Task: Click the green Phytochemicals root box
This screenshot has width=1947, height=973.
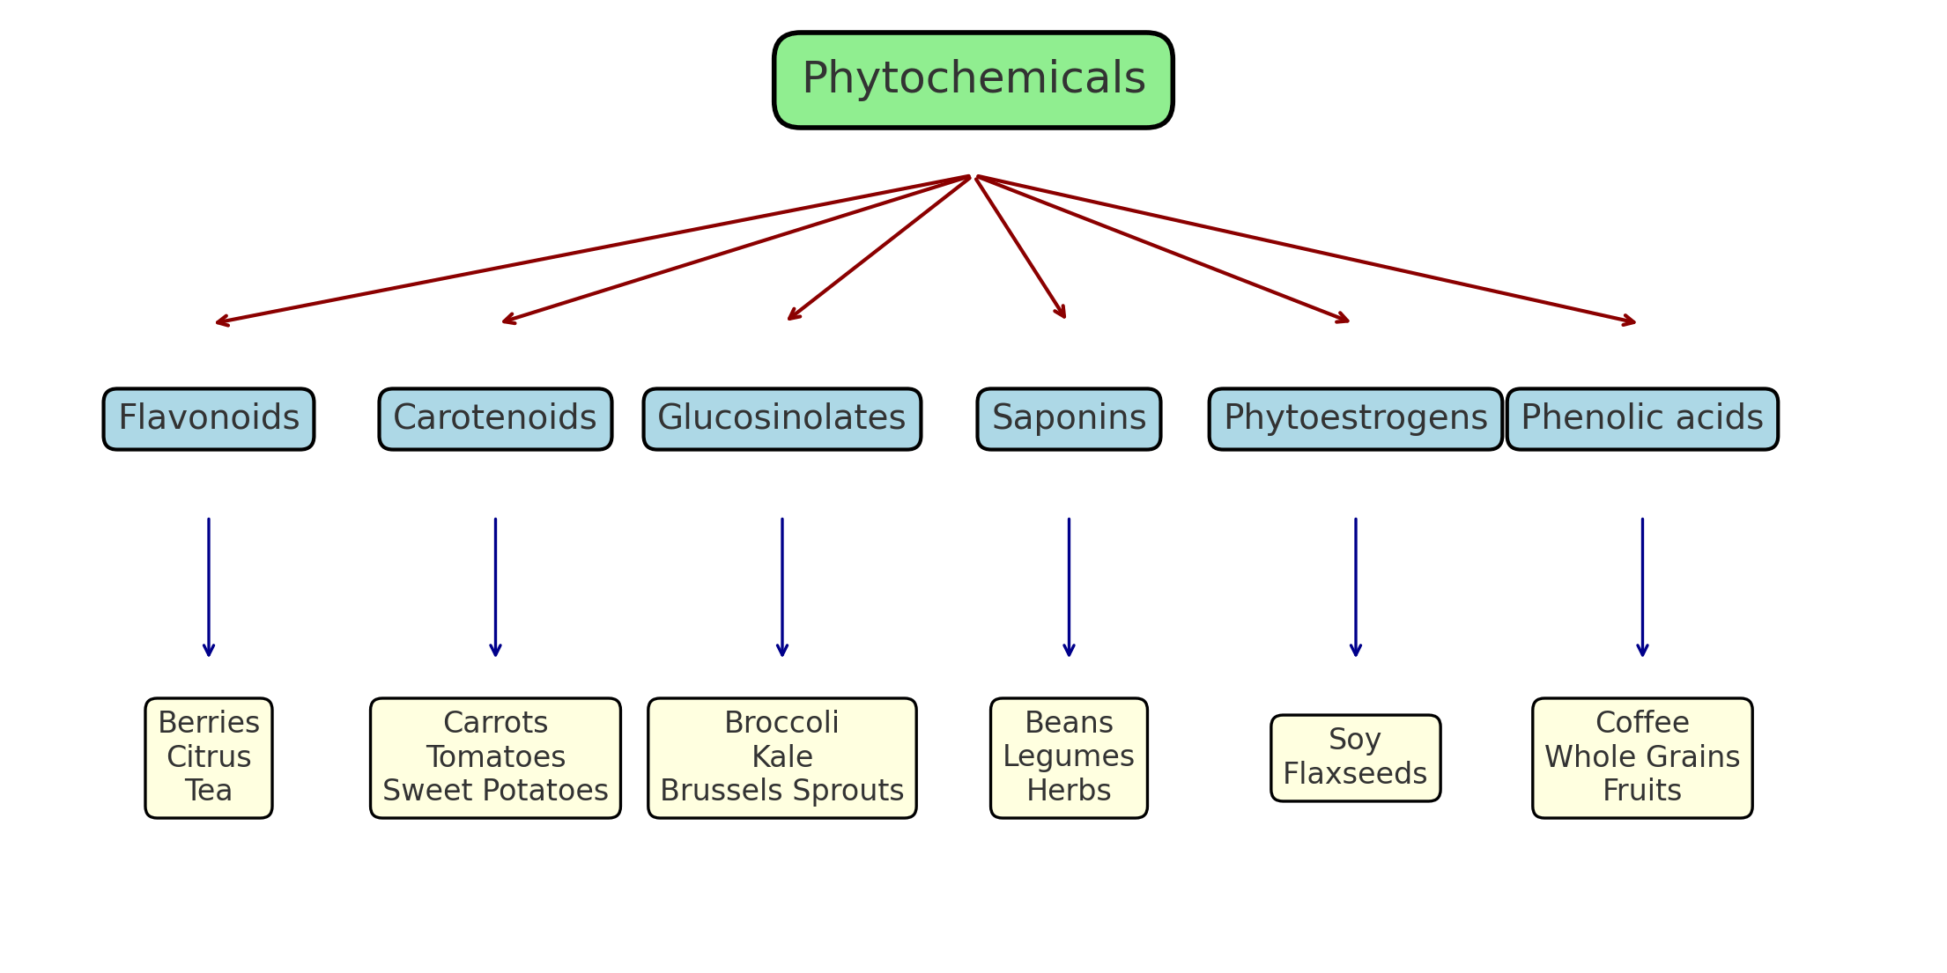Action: click(x=973, y=80)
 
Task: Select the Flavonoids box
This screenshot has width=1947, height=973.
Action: click(x=209, y=418)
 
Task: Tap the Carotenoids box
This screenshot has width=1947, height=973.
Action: click(x=495, y=418)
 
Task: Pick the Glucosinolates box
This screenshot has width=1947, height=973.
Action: click(x=781, y=418)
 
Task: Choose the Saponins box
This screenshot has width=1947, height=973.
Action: click(x=1069, y=418)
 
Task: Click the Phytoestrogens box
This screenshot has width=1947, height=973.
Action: click(x=1355, y=418)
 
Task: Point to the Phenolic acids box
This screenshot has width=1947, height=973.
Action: click(x=1642, y=418)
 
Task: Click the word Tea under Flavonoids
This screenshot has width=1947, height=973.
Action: click(x=209, y=791)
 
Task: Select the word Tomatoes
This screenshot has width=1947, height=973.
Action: click(x=495, y=757)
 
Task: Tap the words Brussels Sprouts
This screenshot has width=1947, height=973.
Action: click(x=781, y=791)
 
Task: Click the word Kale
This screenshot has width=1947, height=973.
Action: click(x=781, y=757)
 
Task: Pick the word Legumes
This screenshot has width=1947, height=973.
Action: click(x=1069, y=756)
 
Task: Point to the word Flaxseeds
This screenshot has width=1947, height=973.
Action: click(x=1355, y=774)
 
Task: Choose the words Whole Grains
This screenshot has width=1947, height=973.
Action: click(x=1642, y=757)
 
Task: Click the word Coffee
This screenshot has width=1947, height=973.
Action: click(x=1642, y=723)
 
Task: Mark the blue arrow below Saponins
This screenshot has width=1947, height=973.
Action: click(x=1069, y=587)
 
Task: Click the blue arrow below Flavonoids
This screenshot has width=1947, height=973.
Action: click(x=209, y=587)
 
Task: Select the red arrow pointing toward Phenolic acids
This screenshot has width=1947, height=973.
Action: click(x=1304, y=249)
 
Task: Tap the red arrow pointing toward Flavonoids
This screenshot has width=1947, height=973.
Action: click(x=592, y=250)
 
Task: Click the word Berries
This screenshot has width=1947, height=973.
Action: click(x=209, y=723)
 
